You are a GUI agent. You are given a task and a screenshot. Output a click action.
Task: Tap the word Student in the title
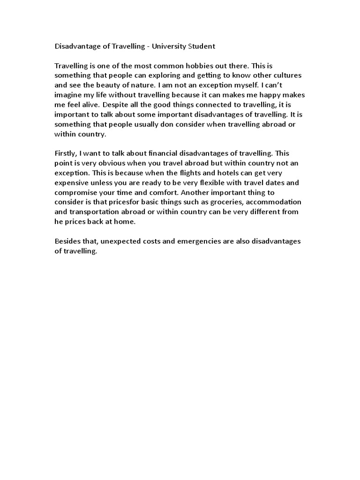tap(200, 46)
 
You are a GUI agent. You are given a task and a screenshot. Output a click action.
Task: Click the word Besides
tap(69, 241)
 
